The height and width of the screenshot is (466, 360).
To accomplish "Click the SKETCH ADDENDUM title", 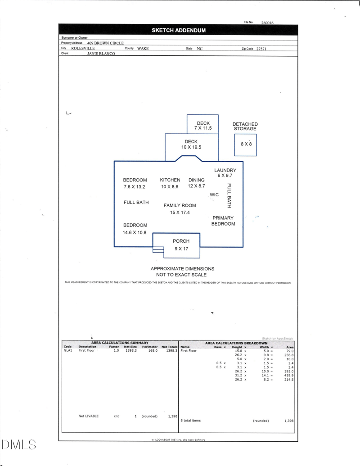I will pyautogui.click(x=179, y=31).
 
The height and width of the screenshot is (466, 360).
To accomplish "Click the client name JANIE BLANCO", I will pyautogui.click(x=101, y=54).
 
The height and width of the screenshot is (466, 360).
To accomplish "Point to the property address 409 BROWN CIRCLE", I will pyautogui.click(x=105, y=43).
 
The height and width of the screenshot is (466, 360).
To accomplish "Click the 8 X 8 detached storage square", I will pyautogui.click(x=246, y=144).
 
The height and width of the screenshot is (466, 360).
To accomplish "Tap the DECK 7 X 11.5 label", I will pyautogui.click(x=203, y=126).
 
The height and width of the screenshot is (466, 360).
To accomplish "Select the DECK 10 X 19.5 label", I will pyautogui.click(x=191, y=145).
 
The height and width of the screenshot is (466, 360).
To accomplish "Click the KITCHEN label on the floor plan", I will pyautogui.click(x=170, y=180).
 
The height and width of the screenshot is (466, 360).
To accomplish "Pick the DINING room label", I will pyautogui.click(x=197, y=180).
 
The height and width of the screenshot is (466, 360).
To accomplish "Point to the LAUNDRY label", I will pyautogui.click(x=225, y=171).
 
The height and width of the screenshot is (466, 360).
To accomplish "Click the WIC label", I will pyautogui.click(x=214, y=195).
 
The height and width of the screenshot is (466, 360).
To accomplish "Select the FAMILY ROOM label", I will pyautogui.click(x=180, y=206).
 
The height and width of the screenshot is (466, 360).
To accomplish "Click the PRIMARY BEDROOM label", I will pyautogui.click(x=223, y=221).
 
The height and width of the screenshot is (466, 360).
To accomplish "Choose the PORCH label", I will pyautogui.click(x=181, y=241).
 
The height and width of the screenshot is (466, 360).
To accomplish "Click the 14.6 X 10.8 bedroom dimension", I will pyautogui.click(x=135, y=233).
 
